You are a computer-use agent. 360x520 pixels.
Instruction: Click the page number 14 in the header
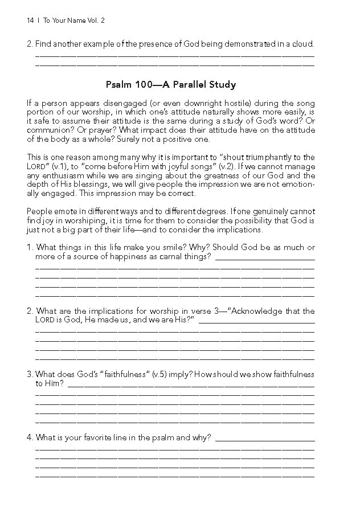[30, 21]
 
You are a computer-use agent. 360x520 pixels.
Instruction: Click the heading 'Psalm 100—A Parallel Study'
[171, 85]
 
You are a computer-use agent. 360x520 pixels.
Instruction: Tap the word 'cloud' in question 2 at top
[301, 44]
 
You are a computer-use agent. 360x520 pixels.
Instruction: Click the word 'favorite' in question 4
[104, 437]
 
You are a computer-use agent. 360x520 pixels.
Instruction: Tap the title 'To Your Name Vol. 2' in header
[74, 21]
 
